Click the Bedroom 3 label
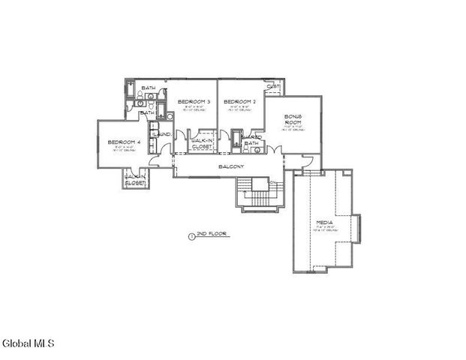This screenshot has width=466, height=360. coord(194,101)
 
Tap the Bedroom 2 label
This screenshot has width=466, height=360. coord(240,101)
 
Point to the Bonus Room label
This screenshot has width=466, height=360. coord(293,120)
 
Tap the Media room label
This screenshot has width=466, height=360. coord(325,223)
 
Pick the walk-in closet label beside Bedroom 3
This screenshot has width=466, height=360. coord(203,143)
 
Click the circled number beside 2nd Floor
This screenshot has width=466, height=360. coord(191,235)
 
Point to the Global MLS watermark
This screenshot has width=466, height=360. coord(28,344)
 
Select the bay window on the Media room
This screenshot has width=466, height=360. coord(357,228)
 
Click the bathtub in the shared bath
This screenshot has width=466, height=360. coord(236,142)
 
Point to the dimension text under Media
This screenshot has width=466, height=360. coord(325,229)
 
